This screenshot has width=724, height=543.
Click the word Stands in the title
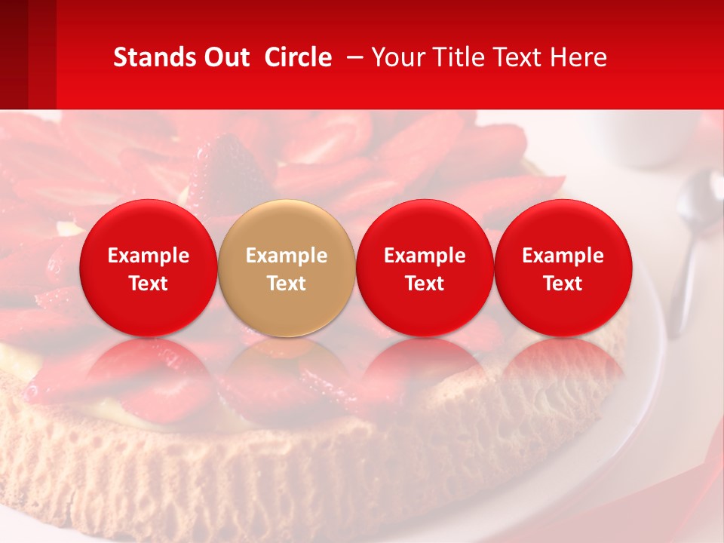point(151,57)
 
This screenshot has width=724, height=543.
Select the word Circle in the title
point(298,57)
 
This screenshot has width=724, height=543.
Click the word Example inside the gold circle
point(287,256)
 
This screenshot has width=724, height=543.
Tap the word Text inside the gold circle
point(287,284)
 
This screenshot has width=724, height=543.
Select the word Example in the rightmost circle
point(563,256)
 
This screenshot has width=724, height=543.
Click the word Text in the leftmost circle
point(149,284)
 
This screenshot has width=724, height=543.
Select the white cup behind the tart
point(649,140)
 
